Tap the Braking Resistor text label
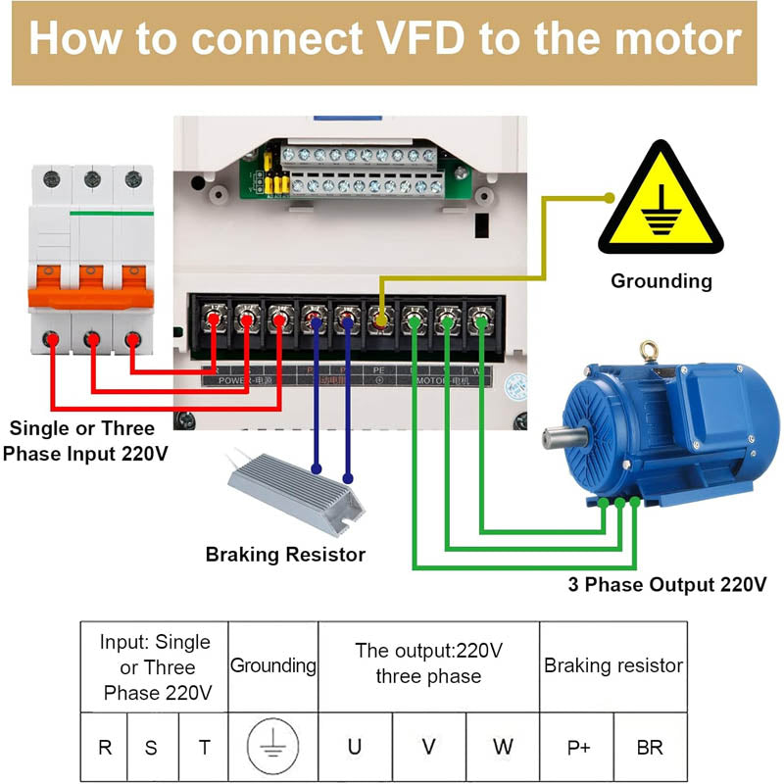[x=285, y=555]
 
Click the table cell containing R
[x=105, y=747]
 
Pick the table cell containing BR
[x=650, y=747]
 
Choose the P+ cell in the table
[x=578, y=747]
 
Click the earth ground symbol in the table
[x=273, y=747]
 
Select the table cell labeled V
[x=429, y=747]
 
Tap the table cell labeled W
[x=503, y=747]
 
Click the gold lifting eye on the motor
[x=648, y=349]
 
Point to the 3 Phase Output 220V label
[x=667, y=585]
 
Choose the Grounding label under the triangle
[x=661, y=281]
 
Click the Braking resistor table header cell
[x=613, y=665]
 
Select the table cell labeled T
[x=204, y=747]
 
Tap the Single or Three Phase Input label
[x=81, y=441]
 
